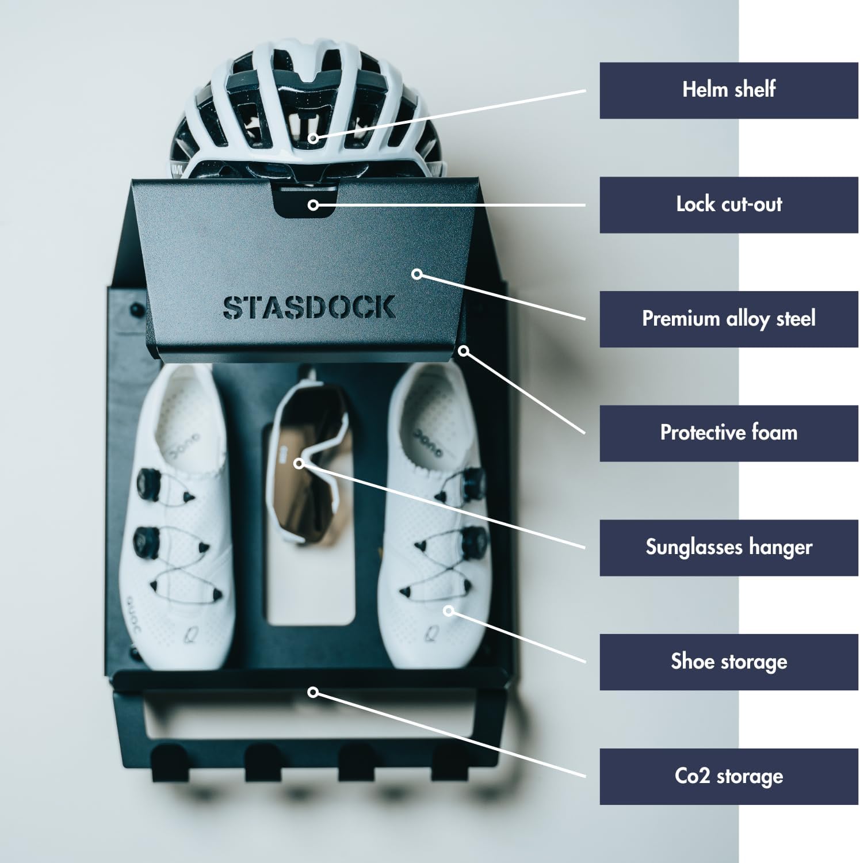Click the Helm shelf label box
pos(728,90)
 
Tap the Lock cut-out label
pos(728,205)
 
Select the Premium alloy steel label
pos(728,319)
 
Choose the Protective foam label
pos(728,433)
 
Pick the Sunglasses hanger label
pos(728,548)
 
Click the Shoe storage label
pos(728,662)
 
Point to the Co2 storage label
pos(728,776)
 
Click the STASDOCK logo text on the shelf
pos(309,308)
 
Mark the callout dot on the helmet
pos(312,138)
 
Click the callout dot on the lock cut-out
pos(313,204)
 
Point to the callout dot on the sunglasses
pos(299,463)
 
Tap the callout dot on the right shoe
pos(449,610)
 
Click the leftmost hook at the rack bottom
pos(168,762)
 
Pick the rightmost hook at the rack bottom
pos(448,762)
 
